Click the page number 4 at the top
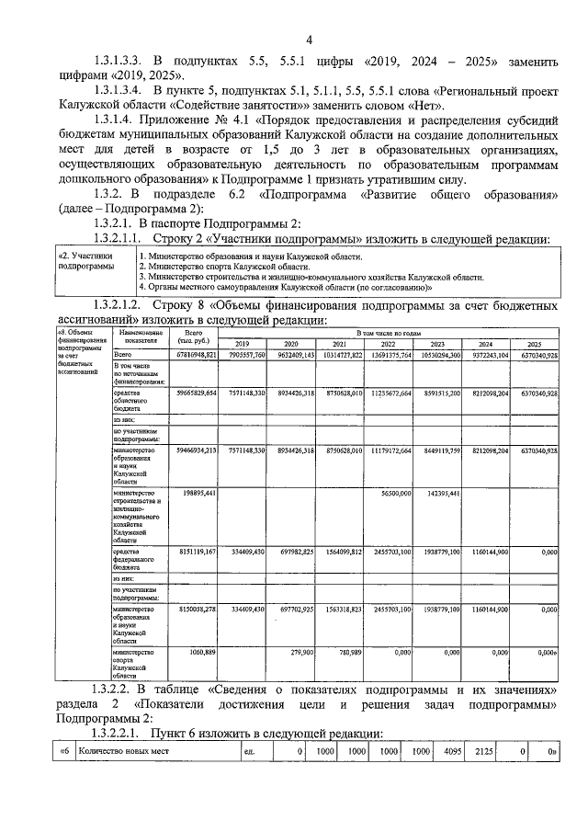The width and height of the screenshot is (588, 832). [309, 40]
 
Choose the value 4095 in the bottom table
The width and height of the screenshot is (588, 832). [447, 751]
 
